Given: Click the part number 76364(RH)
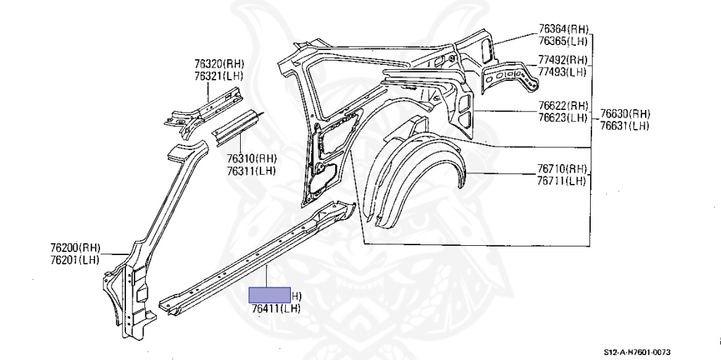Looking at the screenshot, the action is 563,29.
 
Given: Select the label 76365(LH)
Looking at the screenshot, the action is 563,41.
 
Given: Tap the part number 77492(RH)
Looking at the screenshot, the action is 563,60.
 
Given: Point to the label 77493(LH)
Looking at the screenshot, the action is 563,72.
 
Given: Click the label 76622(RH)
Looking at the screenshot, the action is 563,106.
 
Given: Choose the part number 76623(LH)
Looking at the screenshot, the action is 563,118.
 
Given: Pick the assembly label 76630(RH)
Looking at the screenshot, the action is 625,114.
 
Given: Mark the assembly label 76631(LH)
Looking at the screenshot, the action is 625,126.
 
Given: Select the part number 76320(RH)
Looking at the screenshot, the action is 219,64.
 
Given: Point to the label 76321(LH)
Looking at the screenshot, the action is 219,76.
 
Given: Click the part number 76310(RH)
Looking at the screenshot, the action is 251,159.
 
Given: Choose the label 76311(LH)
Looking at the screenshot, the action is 251,170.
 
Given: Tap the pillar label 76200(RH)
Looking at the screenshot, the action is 75,248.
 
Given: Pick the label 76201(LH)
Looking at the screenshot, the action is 75,260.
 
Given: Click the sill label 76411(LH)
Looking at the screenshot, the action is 275,309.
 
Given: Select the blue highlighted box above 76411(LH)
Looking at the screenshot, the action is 271,295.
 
